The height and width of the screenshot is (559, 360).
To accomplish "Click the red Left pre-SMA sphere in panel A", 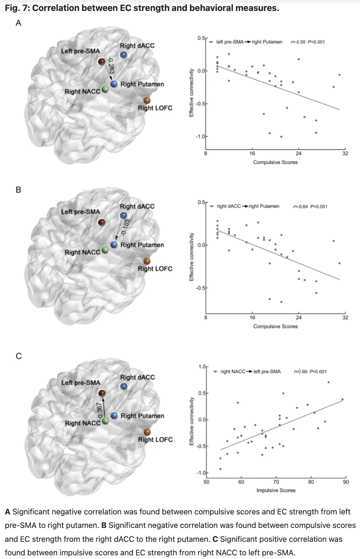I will (x=102, y=61).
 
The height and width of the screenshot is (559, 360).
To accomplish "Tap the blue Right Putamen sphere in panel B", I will (x=114, y=244).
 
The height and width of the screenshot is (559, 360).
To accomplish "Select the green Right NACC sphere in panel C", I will (x=106, y=421).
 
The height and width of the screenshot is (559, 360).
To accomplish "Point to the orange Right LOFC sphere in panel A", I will (x=147, y=100).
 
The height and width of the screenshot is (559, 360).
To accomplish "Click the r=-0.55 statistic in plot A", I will (x=298, y=42).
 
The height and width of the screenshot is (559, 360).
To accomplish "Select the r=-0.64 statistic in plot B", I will (x=300, y=206).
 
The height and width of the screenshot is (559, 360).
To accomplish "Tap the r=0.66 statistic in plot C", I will (x=300, y=372).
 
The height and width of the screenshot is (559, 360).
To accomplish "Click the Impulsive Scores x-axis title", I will (x=276, y=490).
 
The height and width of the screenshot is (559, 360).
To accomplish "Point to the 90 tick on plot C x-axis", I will (x=345, y=482).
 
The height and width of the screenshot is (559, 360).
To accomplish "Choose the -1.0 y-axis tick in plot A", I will (x=200, y=136).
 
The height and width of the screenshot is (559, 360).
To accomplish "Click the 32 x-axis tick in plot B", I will (x=345, y=317).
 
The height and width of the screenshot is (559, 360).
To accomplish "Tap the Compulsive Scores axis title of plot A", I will (x=275, y=162).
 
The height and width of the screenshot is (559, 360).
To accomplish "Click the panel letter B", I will (x=19, y=190).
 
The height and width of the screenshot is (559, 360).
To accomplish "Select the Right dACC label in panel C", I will (x=137, y=377).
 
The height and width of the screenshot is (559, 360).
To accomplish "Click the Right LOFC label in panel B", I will (x=155, y=269).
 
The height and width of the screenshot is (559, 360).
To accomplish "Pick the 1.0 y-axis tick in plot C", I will (x=202, y=366).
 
